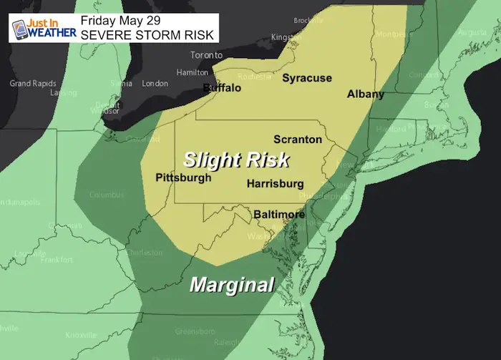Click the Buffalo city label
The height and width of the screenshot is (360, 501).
coord(222,89)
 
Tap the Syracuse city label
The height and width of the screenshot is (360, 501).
coord(306,78)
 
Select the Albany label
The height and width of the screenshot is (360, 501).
coord(366,94)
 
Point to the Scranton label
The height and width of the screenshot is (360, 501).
coord(298,139)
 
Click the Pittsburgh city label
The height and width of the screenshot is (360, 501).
coord(183,177)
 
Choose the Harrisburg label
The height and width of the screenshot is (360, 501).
coord(275,184)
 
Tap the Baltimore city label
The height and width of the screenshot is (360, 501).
coord(279,214)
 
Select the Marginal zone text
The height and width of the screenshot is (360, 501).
coord(232,285)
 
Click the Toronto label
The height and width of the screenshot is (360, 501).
coord(206,55)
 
